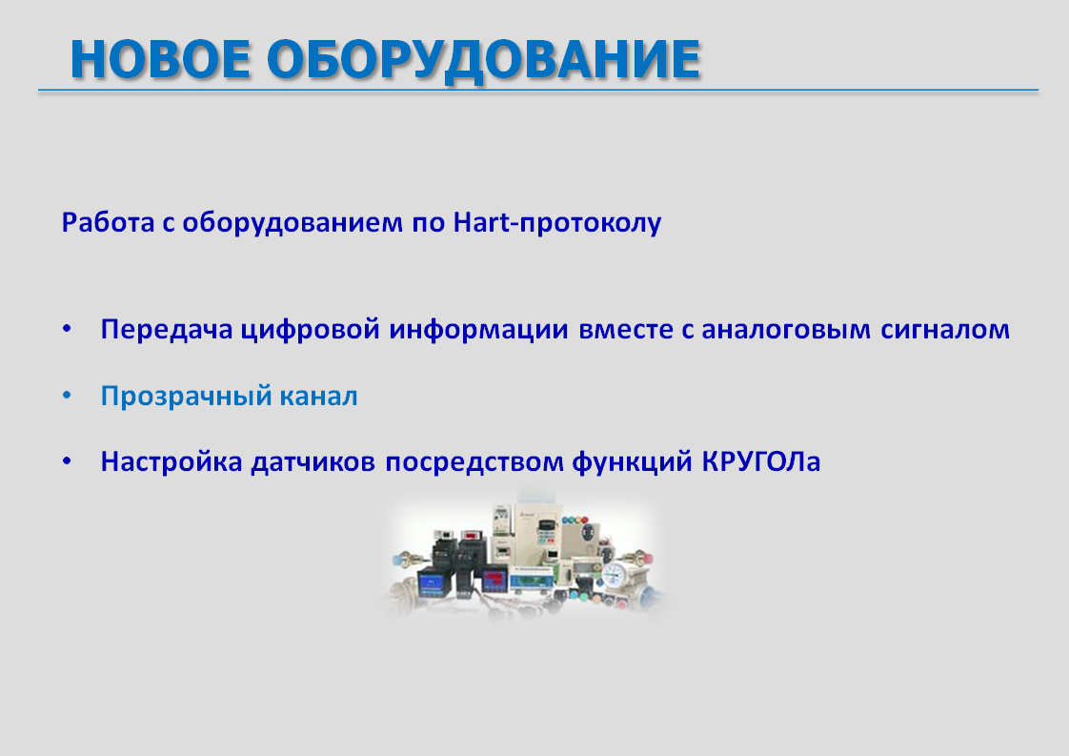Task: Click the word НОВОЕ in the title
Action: (160, 59)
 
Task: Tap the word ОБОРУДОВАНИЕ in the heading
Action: (484, 60)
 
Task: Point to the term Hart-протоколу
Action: (557, 223)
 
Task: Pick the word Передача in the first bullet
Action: (167, 330)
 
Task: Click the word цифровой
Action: (311, 330)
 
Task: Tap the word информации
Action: (478, 330)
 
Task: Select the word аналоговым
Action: (786, 330)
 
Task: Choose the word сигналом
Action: (945, 330)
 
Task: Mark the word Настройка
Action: (171, 462)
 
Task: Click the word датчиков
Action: (313, 462)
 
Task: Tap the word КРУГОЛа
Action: (761, 462)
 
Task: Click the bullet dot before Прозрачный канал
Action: (67, 396)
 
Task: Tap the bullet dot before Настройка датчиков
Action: (67, 461)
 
